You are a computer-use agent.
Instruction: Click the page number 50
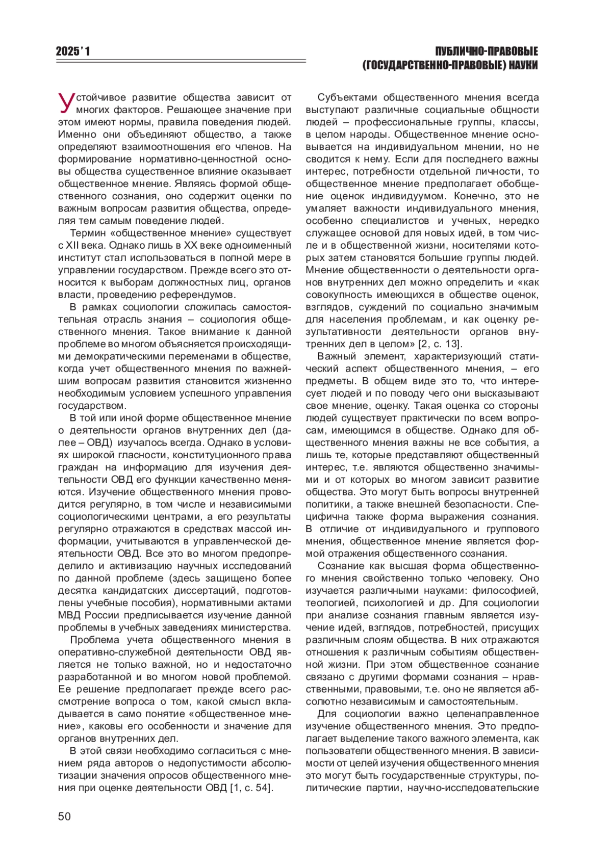[x=64, y=816]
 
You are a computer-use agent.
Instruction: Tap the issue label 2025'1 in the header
[x=73, y=51]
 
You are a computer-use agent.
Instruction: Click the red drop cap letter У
[x=66, y=102]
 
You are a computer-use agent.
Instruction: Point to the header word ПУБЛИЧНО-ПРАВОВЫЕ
[x=487, y=51]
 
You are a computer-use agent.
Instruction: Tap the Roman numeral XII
[x=74, y=245]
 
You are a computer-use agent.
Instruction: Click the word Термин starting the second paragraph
[x=87, y=233]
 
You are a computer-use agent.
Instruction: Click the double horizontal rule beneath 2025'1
[x=181, y=62]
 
